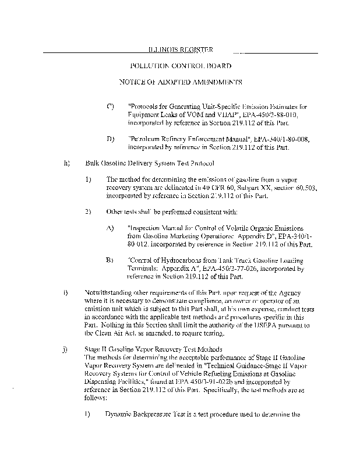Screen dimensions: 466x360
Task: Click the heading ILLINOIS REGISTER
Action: point(179,50)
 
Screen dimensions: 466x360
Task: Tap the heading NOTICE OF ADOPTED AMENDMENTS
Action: point(180,83)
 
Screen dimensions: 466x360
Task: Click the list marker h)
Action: point(66,163)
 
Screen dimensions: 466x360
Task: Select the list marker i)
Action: point(65,290)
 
